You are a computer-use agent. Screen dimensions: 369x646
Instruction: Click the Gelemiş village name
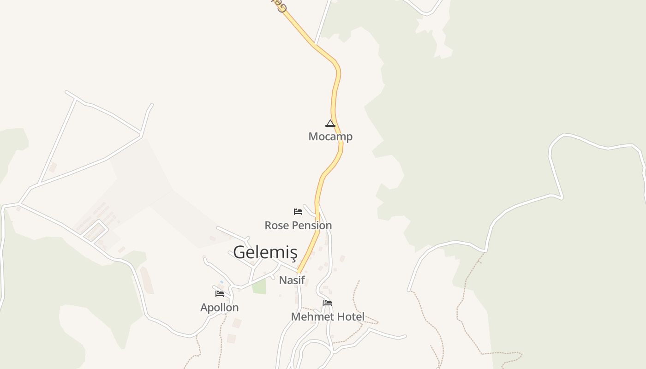(x=265, y=252)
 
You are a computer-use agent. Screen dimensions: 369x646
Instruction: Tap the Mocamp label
(x=330, y=137)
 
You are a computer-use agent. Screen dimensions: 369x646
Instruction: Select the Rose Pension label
(x=298, y=226)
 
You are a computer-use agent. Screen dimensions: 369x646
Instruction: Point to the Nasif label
(x=292, y=280)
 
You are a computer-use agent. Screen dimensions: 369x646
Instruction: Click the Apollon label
(x=220, y=308)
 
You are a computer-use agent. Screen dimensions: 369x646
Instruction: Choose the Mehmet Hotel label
(x=328, y=317)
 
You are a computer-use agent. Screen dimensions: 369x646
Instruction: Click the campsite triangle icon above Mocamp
(x=330, y=123)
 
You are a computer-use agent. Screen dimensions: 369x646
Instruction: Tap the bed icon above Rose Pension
(x=298, y=212)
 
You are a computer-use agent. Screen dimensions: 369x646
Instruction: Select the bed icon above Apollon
(x=220, y=293)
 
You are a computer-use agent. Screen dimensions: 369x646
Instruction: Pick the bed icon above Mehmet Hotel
(x=328, y=303)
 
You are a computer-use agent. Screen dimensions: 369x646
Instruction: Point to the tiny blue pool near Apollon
(x=222, y=282)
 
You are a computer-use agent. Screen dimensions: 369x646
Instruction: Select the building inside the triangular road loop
(x=53, y=167)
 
